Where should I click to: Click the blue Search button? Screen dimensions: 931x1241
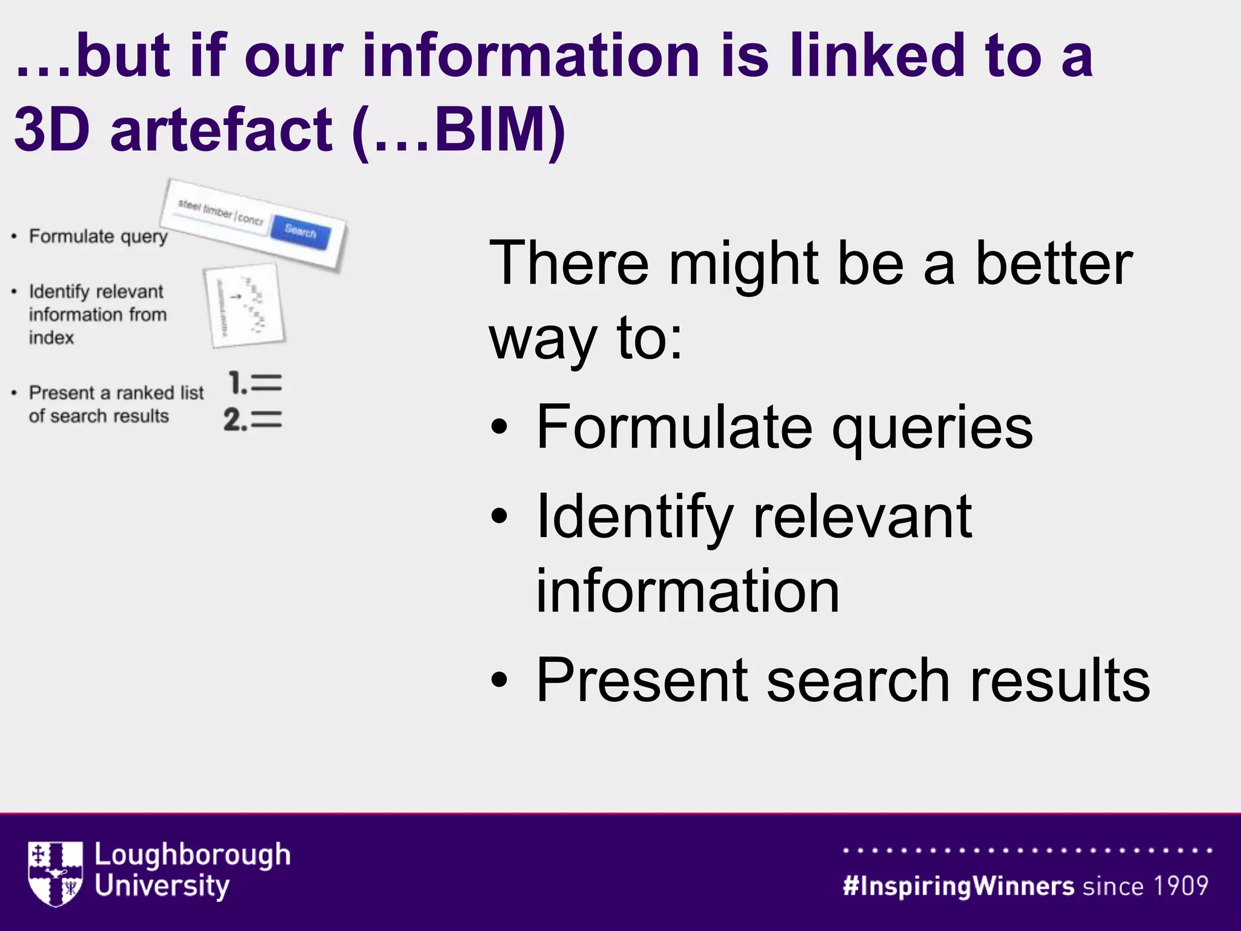(301, 231)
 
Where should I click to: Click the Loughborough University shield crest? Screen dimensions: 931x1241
(55, 873)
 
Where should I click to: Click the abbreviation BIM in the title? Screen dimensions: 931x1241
(491, 129)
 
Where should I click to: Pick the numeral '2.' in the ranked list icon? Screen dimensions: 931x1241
(235, 419)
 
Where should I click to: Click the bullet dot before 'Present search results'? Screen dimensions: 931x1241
(499, 680)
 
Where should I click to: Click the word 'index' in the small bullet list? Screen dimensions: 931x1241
(52, 338)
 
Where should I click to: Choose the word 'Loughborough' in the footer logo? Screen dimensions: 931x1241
(193, 855)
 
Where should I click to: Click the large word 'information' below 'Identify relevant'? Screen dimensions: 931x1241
(688, 591)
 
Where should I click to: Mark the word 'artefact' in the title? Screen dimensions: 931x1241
(221, 129)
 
